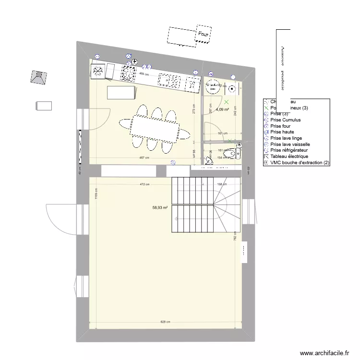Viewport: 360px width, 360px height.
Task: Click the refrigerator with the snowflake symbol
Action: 98,71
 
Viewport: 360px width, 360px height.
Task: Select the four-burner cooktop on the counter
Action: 129,73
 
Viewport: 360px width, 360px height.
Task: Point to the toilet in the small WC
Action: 234,153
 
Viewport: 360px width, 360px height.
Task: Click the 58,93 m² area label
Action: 160,208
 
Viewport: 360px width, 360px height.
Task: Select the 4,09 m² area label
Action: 222,109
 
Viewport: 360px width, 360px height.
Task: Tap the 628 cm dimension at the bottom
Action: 166,322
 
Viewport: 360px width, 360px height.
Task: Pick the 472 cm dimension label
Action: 144,184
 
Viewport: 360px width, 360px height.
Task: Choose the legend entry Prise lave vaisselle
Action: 296,144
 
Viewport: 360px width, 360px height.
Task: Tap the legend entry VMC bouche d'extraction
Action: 300,163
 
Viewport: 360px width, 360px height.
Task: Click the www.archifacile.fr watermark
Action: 325,353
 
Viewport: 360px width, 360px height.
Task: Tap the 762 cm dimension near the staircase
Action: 235,237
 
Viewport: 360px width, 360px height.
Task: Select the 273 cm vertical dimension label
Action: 194,109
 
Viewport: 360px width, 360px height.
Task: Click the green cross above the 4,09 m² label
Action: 227,101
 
